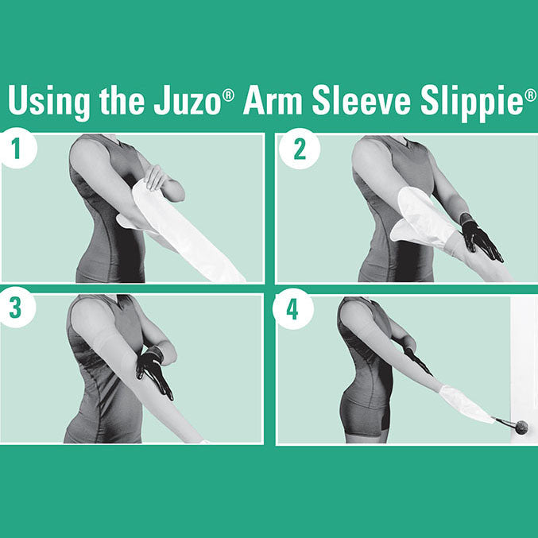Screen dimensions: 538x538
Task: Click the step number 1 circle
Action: click(17, 149)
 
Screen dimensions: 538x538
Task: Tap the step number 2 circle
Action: click(300, 149)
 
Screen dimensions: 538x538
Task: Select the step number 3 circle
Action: click(17, 310)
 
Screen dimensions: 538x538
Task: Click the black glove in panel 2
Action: click(479, 239)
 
